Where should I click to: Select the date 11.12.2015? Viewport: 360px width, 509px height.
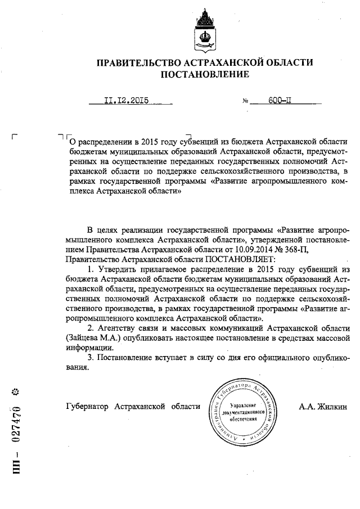(125, 101)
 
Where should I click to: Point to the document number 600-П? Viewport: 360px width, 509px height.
(280, 101)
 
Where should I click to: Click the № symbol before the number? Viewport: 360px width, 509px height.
(245, 102)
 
